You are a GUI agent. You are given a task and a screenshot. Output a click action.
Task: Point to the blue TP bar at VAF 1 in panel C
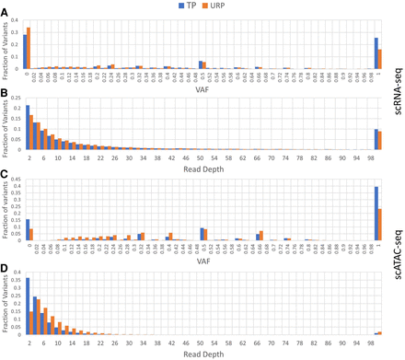point(376,213)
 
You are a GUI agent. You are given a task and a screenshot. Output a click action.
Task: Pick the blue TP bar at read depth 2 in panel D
point(28,303)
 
